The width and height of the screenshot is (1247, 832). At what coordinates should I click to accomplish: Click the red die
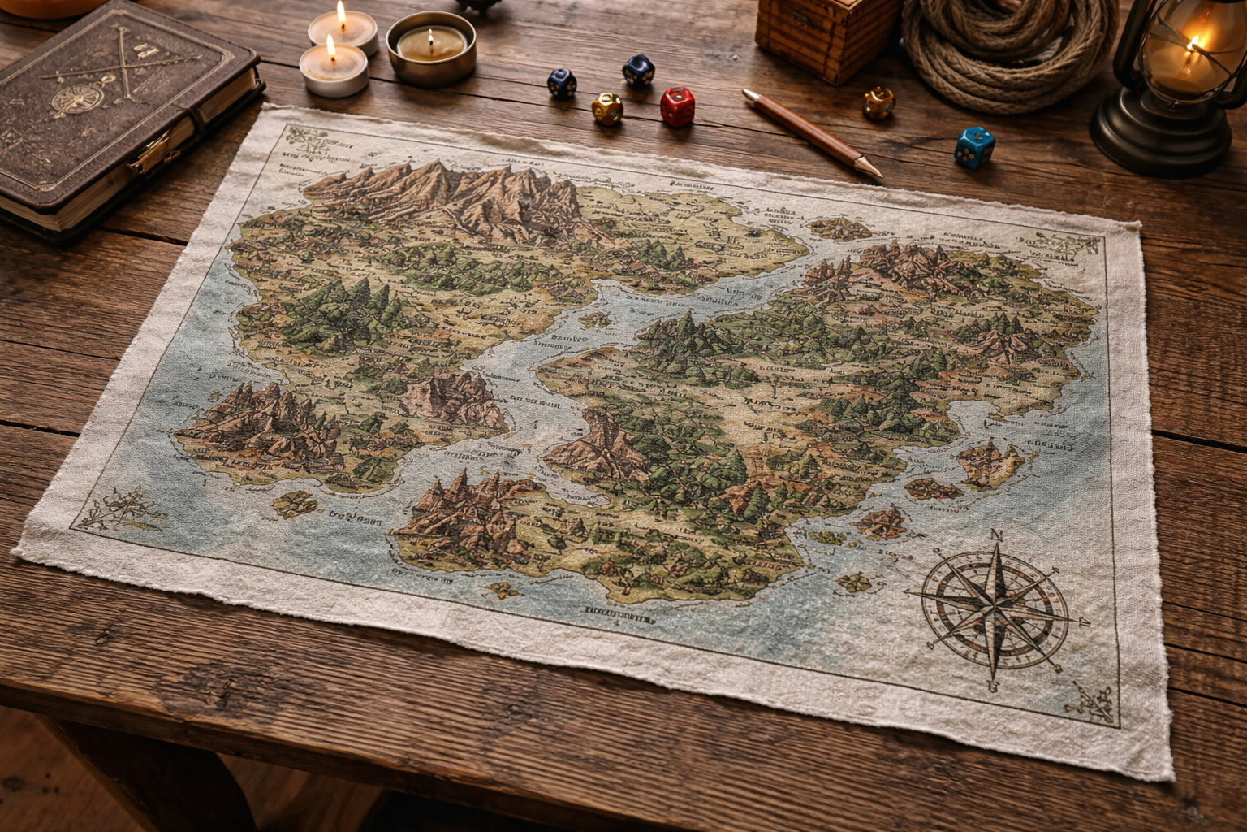677,106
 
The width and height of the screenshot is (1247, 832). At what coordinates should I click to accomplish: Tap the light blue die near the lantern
973,147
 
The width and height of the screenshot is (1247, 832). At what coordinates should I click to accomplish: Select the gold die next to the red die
607,108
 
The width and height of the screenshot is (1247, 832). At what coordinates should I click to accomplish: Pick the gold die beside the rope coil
878,102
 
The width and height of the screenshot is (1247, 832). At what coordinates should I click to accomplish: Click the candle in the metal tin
430,47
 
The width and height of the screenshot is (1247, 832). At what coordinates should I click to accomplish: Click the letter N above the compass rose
998,535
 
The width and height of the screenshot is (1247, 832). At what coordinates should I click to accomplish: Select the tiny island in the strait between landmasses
597,318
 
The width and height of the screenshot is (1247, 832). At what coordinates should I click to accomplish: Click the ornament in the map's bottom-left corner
114,508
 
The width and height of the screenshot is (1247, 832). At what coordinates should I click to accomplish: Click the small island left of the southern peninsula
296,504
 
